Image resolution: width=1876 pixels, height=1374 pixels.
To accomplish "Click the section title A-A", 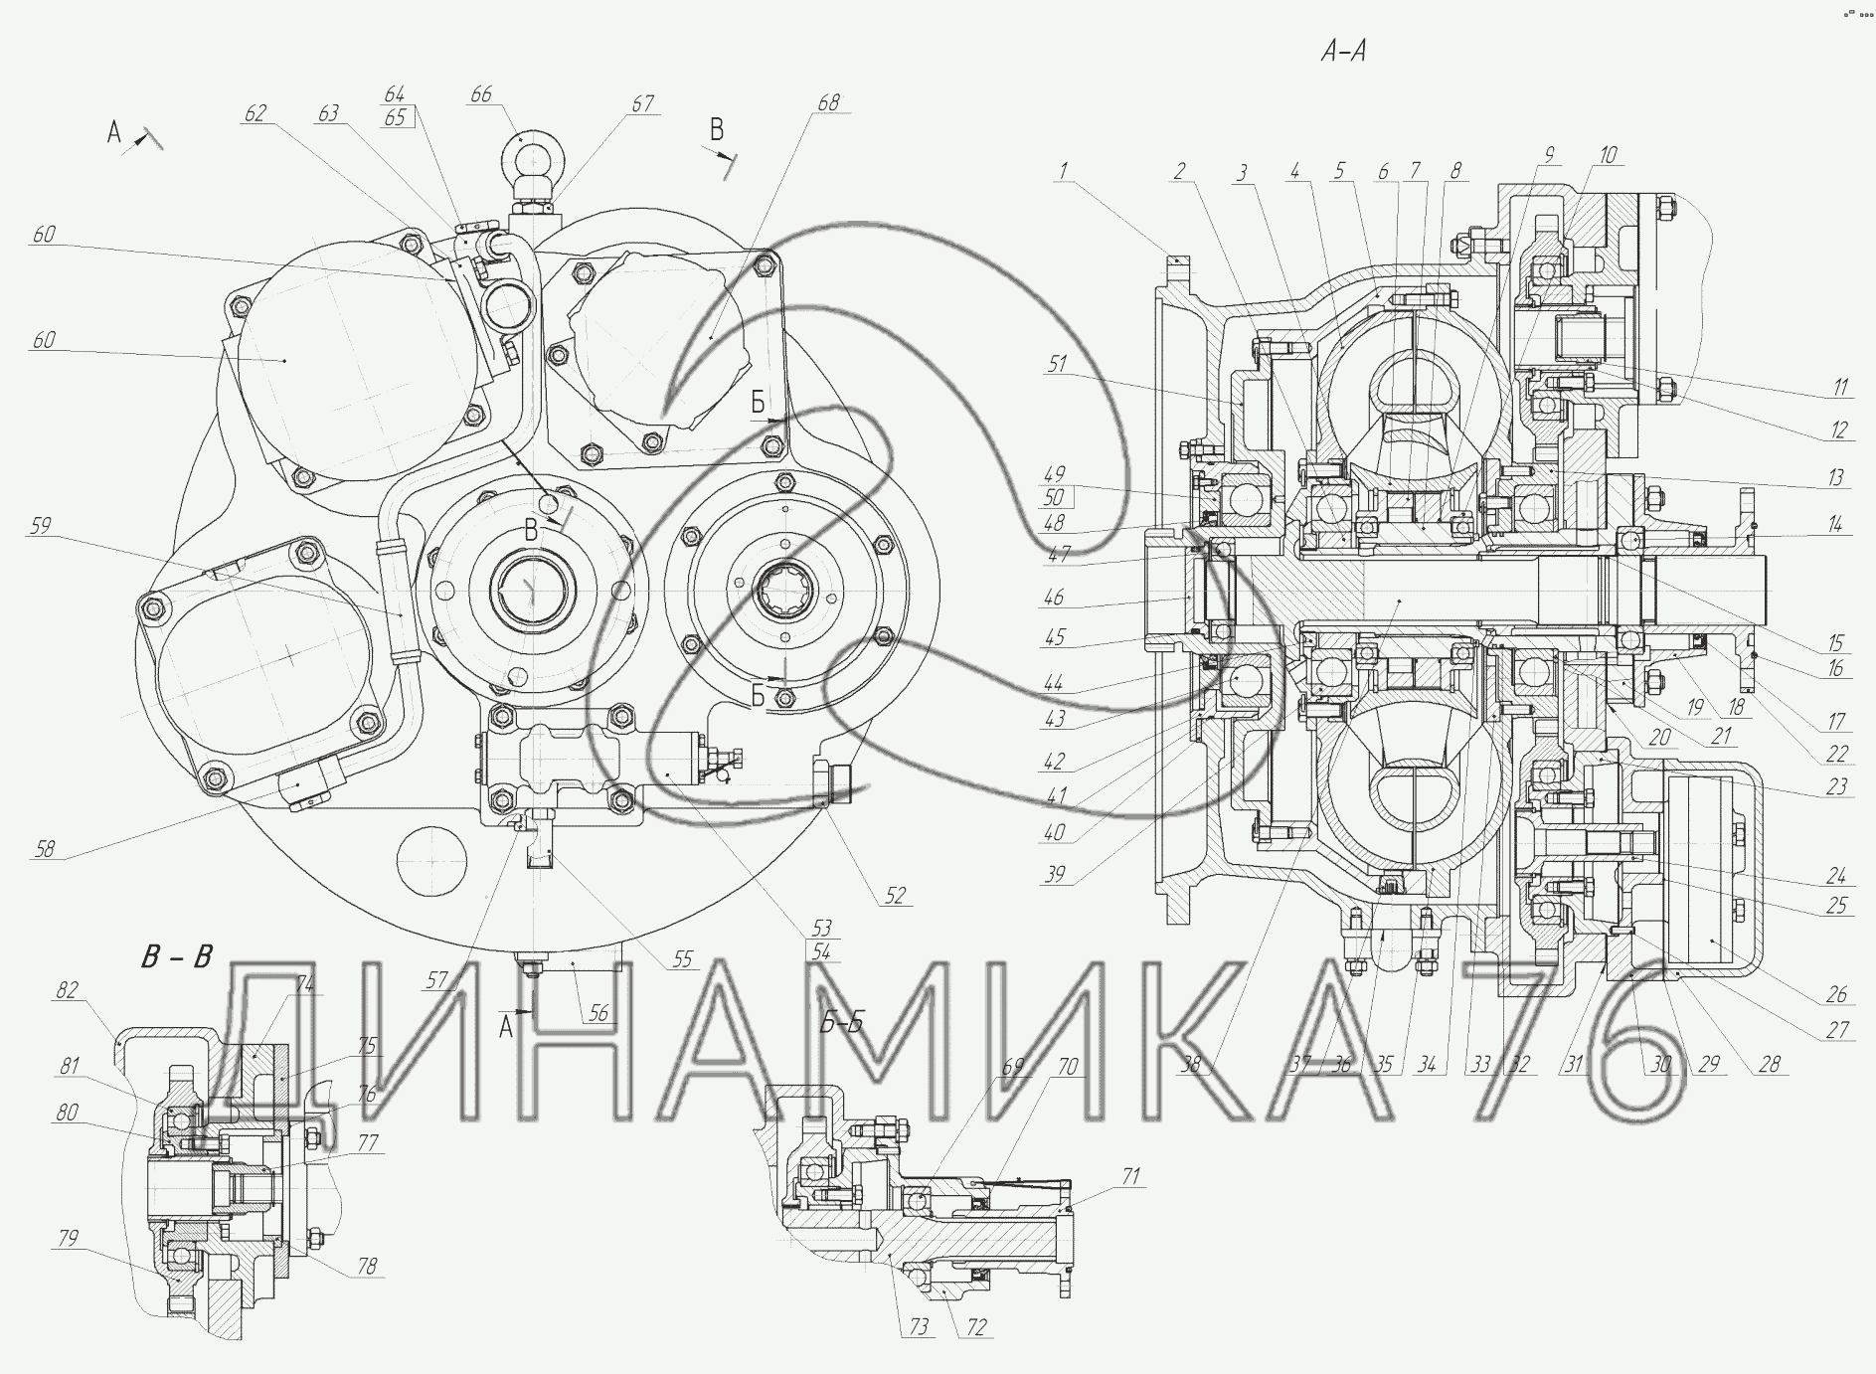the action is (1343, 51).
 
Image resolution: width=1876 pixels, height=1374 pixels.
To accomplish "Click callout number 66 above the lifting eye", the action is (480, 94).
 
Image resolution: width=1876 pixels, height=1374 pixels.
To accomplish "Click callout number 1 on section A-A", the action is (1063, 170).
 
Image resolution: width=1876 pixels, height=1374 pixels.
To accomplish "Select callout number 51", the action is (1056, 364).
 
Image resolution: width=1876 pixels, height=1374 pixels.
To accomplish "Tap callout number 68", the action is (828, 102).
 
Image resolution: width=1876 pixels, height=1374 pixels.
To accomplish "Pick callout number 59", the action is (40, 524).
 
